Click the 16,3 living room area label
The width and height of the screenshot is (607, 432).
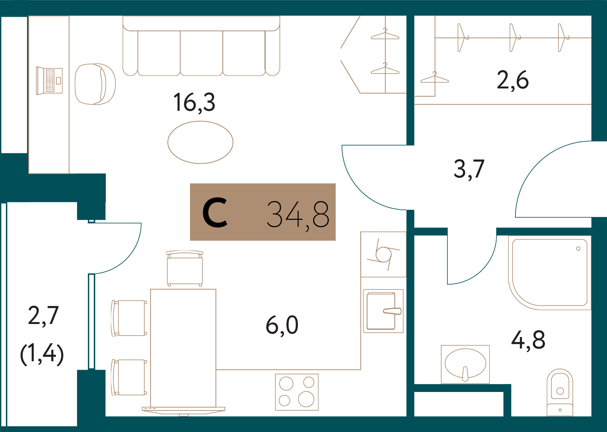(x=194, y=102)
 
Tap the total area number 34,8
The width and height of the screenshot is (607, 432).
(x=298, y=214)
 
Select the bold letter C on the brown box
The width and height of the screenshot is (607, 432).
(x=215, y=213)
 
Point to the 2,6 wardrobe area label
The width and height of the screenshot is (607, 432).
(x=513, y=80)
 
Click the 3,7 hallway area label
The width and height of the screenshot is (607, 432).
(x=469, y=169)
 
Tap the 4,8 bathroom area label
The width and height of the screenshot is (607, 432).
(x=528, y=340)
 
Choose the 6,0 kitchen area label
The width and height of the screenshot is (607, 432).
(x=282, y=325)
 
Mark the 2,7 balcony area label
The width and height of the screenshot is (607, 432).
(x=43, y=316)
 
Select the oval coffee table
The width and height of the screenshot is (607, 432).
(x=200, y=142)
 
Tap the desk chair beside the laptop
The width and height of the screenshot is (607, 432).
(x=95, y=84)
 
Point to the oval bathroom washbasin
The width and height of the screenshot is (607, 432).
(x=465, y=363)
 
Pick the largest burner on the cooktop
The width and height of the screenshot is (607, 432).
(x=306, y=399)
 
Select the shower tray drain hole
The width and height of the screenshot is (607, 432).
(x=578, y=249)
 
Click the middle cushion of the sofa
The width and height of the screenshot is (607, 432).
(x=201, y=53)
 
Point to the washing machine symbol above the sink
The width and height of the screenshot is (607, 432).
(x=383, y=254)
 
